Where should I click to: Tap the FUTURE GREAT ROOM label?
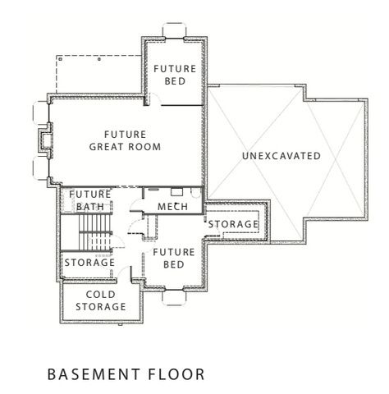point(125,140)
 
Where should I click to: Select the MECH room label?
point(173,205)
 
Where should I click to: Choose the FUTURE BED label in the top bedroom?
point(174,76)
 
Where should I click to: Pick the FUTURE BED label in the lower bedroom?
point(173,259)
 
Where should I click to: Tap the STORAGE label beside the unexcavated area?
point(234,224)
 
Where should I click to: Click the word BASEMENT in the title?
point(94,374)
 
